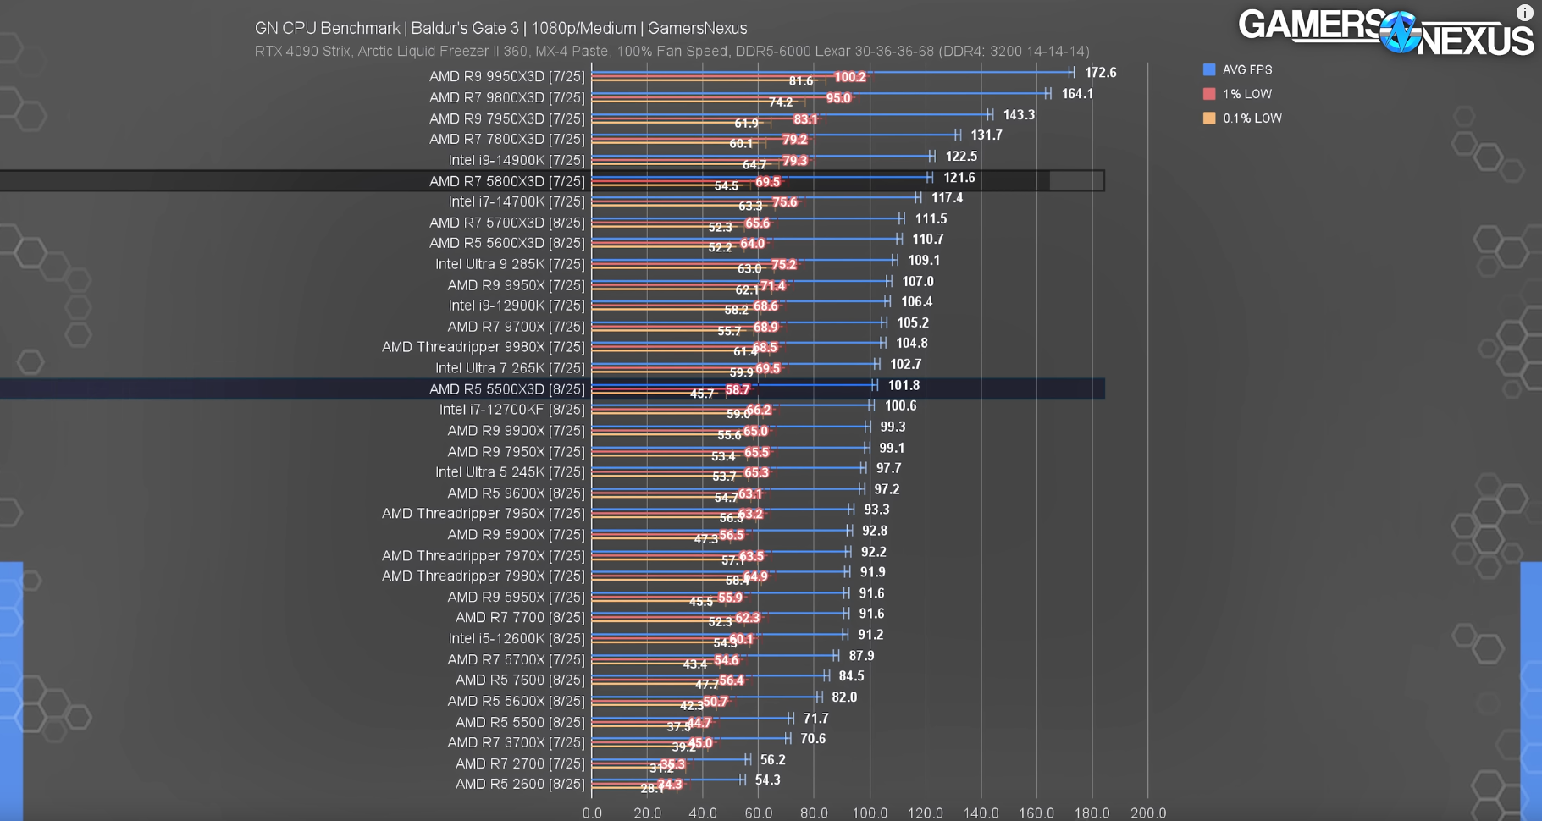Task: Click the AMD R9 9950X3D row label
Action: pyautogui.click(x=506, y=76)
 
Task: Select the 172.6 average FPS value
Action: pyautogui.click(x=1100, y=73)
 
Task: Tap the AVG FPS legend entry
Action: pyautogui.click(x=1246, y=69)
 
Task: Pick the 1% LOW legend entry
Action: pyautogui.click(x=1246, y=94)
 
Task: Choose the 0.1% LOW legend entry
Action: pyautogui.click(x=1252, y=118)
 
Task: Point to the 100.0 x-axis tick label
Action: pyautogui.click(x=870, y=813)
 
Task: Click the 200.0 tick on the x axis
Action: pyautogui.click(x=1147, y=813)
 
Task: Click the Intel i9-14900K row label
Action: pyautogui.click(x=517, y=160)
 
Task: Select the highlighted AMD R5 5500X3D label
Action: pyautogui.click(x=506, y=389)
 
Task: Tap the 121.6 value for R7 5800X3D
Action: pyautogui.click(x=959, y=178)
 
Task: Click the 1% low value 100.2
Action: pyautogui.click(x=849, y=77)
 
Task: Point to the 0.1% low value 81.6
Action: pyautogui.click(x=800, y=81)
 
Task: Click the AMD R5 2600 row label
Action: pyautogui.click(x=519, y=784)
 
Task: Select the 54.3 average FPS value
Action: pyautogui.click(x=767, y=780)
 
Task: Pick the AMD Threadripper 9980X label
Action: pyautogui.click(x=483, y=347)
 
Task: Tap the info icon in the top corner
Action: pyautogui.click(x=1524, y=13)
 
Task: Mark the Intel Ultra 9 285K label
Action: pyautogui.click(x=510, y=264)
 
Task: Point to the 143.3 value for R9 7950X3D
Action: pyautogui.click(x=1019, y=114)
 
